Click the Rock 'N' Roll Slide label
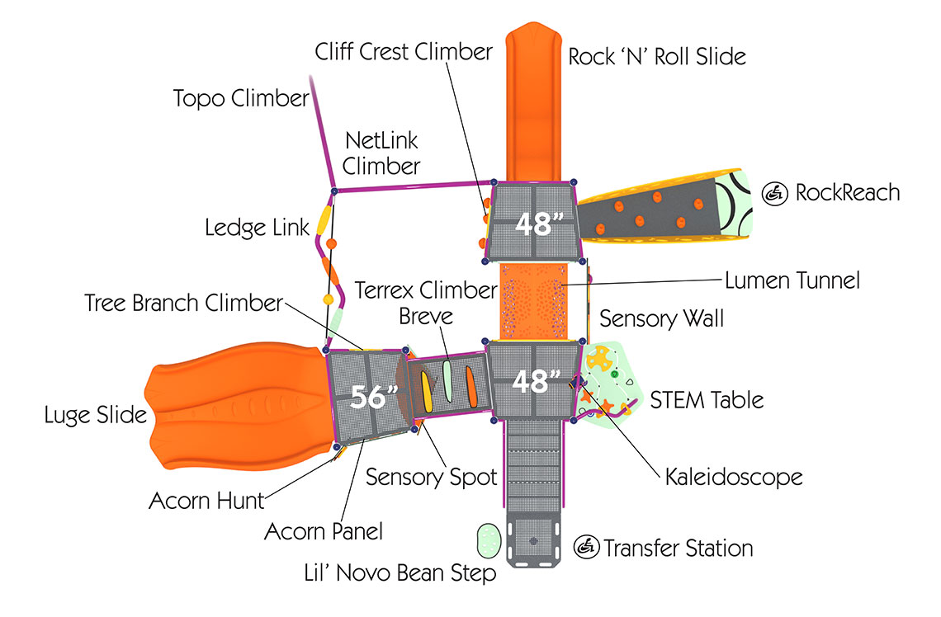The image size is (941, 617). click(x=657, y=56)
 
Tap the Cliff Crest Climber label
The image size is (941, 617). click(x=404, y=51)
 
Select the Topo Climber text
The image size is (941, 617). click(x=240, y=99)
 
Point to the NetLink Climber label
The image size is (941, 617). click(x=381, y=153)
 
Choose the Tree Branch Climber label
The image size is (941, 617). click(x=184, y=303)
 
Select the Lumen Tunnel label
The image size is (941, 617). click(x=792, y=280)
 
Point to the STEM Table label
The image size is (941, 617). click(x=707, y=400)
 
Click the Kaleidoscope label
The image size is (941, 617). click(x=734, y=477)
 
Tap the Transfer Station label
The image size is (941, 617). click(x=678, y=548)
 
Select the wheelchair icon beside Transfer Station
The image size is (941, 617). click(x=586, y=546)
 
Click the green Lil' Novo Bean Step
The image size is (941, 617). click(x=489, y=541)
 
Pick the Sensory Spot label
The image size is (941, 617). click(x=432, y=477)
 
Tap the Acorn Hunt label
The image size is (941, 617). click(x=206, y=500)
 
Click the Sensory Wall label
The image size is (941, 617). click(x=661, y=318)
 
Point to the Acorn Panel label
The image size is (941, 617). click(x=324, y=532)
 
